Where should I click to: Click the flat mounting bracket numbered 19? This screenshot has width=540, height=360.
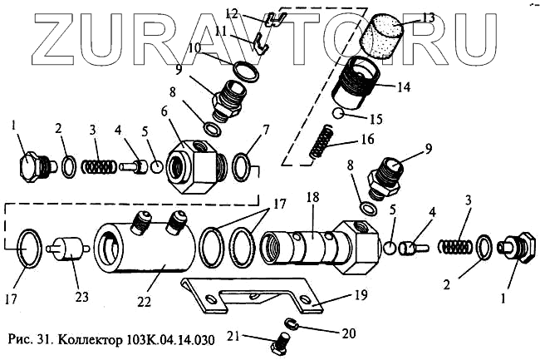[x=249, y=295]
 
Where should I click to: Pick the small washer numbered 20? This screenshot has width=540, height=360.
[x=293, y=323]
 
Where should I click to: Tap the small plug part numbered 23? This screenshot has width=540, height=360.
[x=66, y=249]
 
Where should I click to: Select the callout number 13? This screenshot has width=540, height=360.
[x=428, y=16]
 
